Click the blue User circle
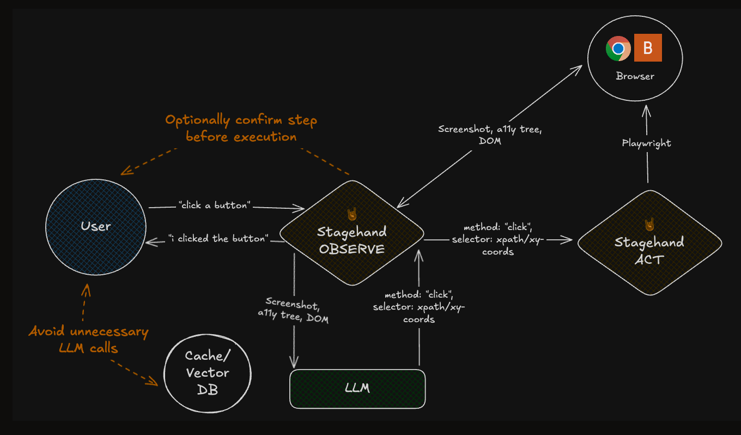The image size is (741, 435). click(x=96, y=226)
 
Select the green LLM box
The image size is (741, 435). click(x=357, y=389)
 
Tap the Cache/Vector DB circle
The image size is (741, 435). click(x=208, y=373)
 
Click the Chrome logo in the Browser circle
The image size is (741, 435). click(x=618, y=49)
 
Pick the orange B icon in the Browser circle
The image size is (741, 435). click(x=648, y=48)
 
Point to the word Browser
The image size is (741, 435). click(x=635, y=76)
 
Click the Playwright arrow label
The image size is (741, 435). click(x=646, y=143)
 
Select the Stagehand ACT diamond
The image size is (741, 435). click(x=649, y=243)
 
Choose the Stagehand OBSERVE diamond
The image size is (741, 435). click(x=352, y=233)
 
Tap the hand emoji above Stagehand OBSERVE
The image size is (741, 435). click(x=351, y=214)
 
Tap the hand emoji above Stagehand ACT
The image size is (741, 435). click(x=649, y=223)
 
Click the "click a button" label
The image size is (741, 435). click(x=214, y=206)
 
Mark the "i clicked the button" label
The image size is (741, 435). click(x=218, y=239)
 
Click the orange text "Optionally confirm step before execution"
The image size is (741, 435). click(x=241, y=128)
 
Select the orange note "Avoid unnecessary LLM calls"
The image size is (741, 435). click(x=88, y=339)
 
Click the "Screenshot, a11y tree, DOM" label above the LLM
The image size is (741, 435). click(x=293, y=310)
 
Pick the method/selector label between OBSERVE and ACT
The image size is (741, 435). click(x=498, y=239)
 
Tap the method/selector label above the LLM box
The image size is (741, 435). click(x=418, y=307)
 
